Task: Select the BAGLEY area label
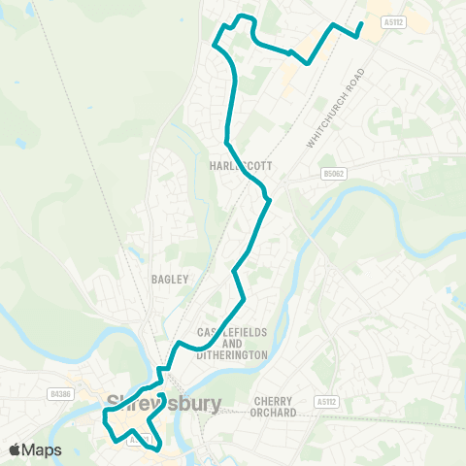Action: click(x=163, y=279)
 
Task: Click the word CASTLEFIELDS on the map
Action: click(x=232, y=333)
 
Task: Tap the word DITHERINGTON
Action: click(x=232, y=356)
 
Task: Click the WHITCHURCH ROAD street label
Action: click(x=336, y=108)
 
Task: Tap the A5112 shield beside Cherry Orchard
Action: click(x=326, y=400)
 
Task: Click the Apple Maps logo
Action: click(x=35, y=449)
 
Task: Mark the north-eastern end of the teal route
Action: click(x=361, y=23)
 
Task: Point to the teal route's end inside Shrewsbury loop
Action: click(x=161, y=395)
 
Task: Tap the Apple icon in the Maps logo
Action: click(x=15, y=449)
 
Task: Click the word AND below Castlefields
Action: click(x=232, y=345)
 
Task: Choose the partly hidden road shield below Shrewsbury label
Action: click(x=141, y=439)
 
